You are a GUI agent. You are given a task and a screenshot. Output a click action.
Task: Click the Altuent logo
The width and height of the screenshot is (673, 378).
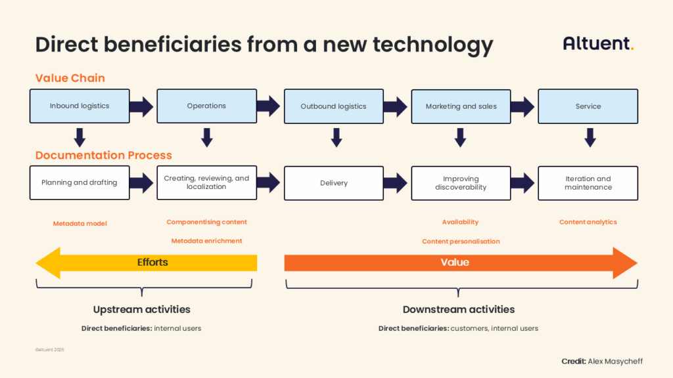pyautogui.click(x=598, y=44)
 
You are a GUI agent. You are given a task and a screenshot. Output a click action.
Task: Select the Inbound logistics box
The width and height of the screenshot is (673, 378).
pyautogui.click(x=80, y=106)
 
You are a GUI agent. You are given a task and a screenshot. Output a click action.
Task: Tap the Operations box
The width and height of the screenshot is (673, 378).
pyautogui.click(x=206, y=106)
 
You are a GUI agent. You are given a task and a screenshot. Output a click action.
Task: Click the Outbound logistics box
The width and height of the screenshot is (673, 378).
pyautogui.click(x=333, y=106)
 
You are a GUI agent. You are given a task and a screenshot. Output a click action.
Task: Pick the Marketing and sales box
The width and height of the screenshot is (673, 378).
pyautogui.click(x=461, y=106)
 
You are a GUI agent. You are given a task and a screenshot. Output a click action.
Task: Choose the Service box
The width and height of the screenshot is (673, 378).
pyautogui.click(x=588, y=106)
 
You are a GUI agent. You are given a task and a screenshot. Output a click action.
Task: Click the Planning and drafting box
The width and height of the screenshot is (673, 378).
pyautogui.click(x=80, y=182)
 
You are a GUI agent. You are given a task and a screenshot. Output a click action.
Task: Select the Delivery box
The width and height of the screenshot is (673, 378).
pyautogui.click(x=333, y=182)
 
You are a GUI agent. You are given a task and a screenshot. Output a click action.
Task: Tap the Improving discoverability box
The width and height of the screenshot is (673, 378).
pyautogui.click(x=461, y=182)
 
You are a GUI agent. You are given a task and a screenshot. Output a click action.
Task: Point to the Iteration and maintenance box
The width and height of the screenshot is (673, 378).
pyautogui.click(x=588, y=182)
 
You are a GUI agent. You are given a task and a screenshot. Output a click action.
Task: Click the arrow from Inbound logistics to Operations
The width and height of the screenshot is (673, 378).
pyautogui.click(x=141, y=106)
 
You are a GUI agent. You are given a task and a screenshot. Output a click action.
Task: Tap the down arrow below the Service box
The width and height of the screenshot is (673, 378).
pyautogui.click(x=590, y=137)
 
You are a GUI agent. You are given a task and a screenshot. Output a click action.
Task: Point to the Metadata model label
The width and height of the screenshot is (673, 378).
pyautogui.click(x=80, y=224)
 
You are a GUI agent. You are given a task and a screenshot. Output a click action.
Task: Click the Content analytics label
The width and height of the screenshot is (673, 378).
pyautogui.click(x=588, y=222)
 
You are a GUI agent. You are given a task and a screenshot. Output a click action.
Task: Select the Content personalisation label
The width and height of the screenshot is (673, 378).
pyautogui.click(x=461, y=241)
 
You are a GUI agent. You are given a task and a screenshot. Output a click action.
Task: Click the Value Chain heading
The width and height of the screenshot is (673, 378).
pyautogui.click(x=70, y=78)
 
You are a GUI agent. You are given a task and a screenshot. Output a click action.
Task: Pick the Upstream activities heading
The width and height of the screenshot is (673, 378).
pyautogui.click(x=141, y=309)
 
